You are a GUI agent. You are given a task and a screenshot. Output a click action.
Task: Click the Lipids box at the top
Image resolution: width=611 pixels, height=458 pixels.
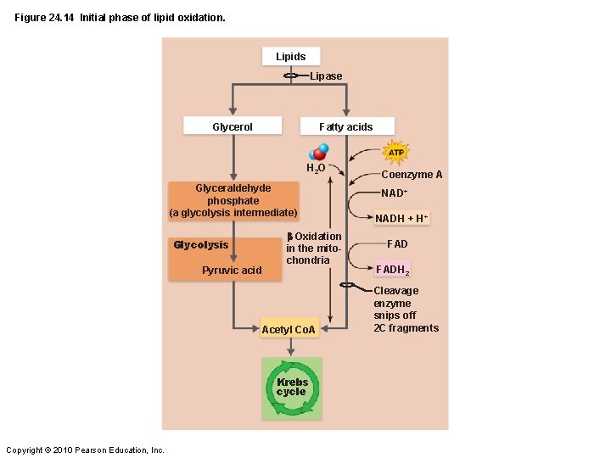(x=290, y=57)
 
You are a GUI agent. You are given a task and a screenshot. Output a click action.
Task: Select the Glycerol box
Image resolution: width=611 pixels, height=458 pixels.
(x=232, y=126)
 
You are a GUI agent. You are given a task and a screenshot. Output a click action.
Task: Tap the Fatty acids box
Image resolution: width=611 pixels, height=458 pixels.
(x=345, y=126)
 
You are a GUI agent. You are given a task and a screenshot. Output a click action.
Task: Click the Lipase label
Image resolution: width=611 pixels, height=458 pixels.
(x=326, y=76)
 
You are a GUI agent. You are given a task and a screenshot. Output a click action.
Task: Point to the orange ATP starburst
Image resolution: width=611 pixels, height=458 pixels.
(x=395, y=153)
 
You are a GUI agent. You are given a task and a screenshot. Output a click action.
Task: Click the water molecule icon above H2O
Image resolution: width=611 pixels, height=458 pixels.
(x=320, y=152)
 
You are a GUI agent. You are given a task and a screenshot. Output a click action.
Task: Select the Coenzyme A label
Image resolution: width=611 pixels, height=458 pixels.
(x=412, y=175)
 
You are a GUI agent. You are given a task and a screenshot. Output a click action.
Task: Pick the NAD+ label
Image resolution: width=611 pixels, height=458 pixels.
(x=395, y=193)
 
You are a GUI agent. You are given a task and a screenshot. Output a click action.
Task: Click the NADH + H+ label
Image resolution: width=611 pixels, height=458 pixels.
(x=402, y=219)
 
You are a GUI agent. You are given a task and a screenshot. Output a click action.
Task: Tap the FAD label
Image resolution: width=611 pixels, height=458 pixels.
(x=397, y=244)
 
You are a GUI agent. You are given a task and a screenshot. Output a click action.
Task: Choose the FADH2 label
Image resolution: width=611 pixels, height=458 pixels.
(x=393, y=270)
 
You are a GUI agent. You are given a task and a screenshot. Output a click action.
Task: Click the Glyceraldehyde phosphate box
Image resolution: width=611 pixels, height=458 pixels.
(x=233, y=200)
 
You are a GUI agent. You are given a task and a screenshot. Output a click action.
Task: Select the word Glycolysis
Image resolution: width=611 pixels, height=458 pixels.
(x=201, y=245)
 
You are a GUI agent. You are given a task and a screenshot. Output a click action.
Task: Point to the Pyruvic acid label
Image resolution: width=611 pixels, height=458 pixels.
(x=232, y=271)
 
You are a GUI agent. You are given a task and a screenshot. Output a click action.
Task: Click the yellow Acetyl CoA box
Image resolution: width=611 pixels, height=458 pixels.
(x=289, y=329)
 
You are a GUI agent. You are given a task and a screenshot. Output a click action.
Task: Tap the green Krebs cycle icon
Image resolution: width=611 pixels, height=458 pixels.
(x=291, y=388)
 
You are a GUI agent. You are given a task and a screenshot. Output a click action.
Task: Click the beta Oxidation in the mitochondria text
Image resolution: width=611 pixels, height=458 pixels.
(x=314, y=248)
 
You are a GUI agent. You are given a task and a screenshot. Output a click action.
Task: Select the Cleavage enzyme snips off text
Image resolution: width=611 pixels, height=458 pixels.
(x=406, y=310)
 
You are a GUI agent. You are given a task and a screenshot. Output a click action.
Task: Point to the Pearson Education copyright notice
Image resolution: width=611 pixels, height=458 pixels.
(x=85, y=450)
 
